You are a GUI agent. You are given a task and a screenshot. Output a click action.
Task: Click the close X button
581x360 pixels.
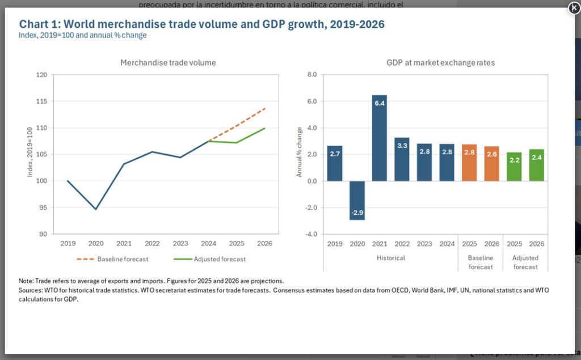[574, 8]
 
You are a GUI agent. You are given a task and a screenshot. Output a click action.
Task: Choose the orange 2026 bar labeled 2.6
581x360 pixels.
[491, 164]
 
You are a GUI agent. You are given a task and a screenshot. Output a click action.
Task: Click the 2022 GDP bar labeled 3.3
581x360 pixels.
[402, 159]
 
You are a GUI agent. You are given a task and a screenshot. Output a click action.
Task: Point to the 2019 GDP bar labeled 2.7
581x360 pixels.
[335, 163]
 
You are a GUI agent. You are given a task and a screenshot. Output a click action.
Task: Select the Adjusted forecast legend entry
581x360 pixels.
[212, 259]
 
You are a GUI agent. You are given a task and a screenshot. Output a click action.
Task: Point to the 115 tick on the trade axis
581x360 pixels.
[41, 101]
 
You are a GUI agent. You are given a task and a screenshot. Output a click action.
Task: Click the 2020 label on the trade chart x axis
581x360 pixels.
[95, 243]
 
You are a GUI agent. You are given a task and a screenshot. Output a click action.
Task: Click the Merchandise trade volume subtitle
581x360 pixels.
[168, 63]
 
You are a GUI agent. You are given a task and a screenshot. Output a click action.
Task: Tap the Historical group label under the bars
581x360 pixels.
[391, 258]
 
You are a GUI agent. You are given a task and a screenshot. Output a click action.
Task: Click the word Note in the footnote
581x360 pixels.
[26, 281]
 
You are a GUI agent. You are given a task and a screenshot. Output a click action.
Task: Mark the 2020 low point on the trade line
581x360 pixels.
[95, 209]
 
